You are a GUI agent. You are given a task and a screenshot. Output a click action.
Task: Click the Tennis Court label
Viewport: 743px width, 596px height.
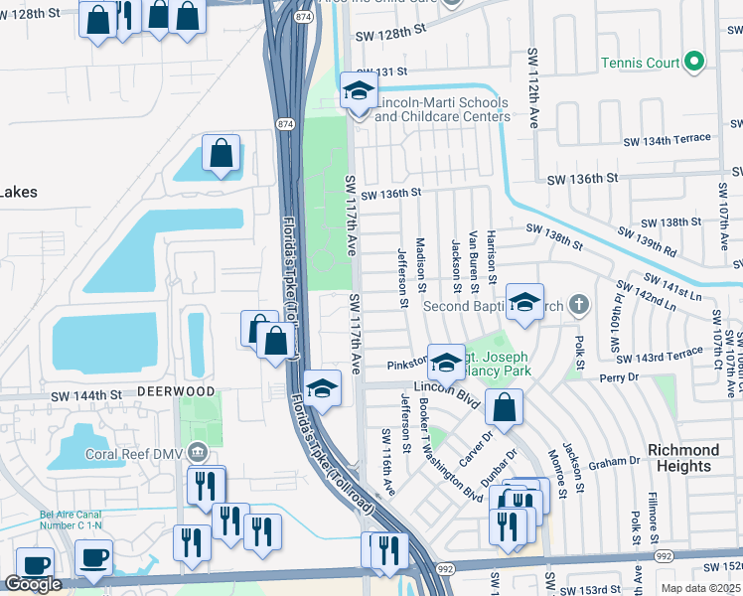point(641,64)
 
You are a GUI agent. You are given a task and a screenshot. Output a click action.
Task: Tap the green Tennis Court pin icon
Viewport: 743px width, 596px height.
point(695,64)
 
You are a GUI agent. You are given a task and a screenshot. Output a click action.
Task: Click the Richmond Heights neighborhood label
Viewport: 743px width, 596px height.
point(683,458)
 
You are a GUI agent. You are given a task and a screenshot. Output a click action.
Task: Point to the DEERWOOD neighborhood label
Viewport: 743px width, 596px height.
point(176,391)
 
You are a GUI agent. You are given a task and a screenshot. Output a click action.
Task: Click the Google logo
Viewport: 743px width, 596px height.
point(33,584)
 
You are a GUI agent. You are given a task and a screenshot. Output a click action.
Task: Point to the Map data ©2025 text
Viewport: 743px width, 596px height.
point(698,588)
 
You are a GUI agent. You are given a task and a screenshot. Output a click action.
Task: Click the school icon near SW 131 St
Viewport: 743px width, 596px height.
point(360,91)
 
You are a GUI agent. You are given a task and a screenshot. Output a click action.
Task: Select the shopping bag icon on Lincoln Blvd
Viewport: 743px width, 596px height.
point(505,407)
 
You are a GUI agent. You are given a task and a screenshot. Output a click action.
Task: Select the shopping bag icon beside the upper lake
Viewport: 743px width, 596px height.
point(222,154)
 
